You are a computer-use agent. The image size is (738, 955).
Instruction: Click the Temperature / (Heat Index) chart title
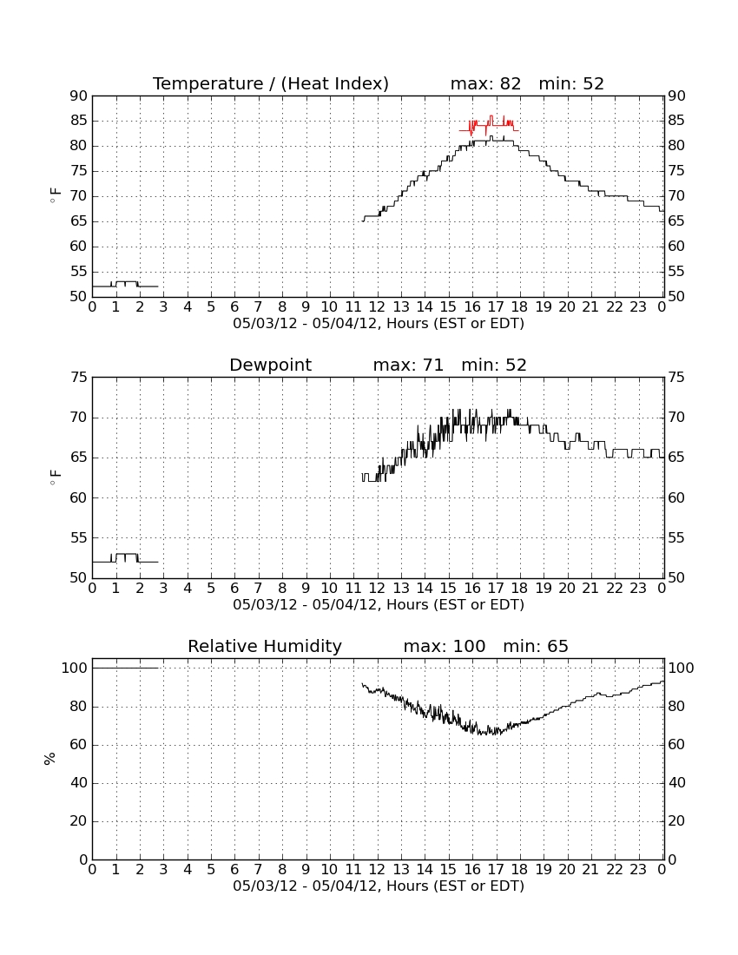tap(270, 83)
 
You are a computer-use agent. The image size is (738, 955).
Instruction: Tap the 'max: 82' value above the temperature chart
tap(485, 83)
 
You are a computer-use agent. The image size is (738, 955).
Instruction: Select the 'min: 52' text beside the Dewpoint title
tap(494, 365)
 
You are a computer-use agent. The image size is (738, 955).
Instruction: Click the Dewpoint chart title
tap(270, 366)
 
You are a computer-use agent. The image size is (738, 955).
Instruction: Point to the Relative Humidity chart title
tap(265, 646)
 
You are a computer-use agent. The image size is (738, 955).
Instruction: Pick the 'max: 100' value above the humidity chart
tap(445, 646)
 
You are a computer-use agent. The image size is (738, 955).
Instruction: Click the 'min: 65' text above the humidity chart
tap(536, 646)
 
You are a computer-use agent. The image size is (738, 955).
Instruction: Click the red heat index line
tap(489, 126)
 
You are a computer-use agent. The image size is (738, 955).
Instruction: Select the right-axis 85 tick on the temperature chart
tap(676, 121)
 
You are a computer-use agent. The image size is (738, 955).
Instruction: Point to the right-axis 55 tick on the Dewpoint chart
tap(676, 537)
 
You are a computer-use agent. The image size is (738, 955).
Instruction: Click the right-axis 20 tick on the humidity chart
tap(676, 821)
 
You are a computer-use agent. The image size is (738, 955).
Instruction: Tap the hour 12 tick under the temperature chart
tap(377, 307)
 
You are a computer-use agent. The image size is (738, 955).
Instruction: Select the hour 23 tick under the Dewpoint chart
tap(638, 589)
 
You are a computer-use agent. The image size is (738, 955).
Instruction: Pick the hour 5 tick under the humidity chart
tap(211, 870)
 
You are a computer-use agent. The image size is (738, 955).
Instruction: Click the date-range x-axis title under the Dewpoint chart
tap(379, 605)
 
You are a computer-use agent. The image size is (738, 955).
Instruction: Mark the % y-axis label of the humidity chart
tap(50, 758)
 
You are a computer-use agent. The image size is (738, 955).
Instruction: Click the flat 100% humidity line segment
tap(125, 668)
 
